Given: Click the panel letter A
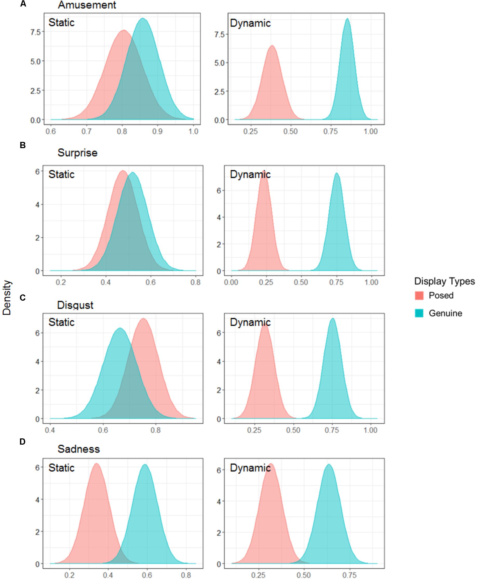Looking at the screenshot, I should click(23, 4).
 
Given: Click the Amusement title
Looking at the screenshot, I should click(87, 5).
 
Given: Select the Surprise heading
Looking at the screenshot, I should click(78, 153).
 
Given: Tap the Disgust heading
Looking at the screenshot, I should click(75, 305).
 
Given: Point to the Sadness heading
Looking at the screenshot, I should click(79, 449).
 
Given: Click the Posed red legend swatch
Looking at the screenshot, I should click(419, 295).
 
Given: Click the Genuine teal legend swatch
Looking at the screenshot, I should click(419, 313).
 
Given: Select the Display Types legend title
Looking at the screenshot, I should click(444, 281).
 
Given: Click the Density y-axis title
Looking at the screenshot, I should click(7, 298).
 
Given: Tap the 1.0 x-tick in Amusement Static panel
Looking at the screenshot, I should click(194, 132).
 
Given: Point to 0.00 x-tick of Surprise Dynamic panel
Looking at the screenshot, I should click(231, 282).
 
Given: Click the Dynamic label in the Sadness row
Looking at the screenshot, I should click(250, 468).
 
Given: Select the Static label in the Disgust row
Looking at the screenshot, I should click(61, 322).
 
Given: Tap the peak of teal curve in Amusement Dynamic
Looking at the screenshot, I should click(347, 19).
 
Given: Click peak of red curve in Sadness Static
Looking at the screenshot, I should click(96, 464).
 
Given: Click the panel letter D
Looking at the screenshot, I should click(23, 442).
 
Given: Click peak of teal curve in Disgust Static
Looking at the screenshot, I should click(120, 328).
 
